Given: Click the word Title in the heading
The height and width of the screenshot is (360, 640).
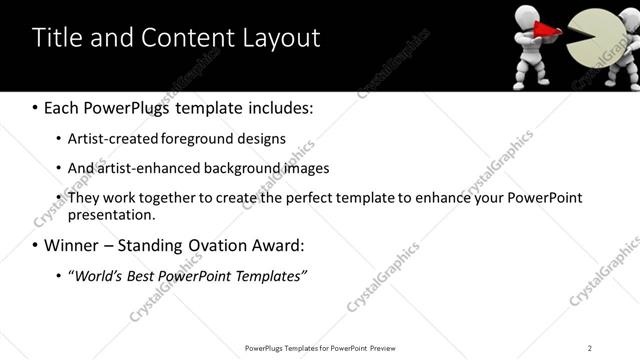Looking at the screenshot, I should (x=57, y=38).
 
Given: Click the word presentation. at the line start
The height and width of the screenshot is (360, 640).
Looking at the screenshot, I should (x=112, y=214).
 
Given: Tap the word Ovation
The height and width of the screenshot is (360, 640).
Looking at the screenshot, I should (x=219, y=245).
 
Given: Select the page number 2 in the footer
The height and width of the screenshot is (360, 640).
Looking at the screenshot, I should (x=590, y=347).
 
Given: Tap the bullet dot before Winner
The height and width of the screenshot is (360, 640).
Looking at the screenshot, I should (x=35, y=245).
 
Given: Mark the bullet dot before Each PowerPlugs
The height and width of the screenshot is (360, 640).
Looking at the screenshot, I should (x=35, y=106).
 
